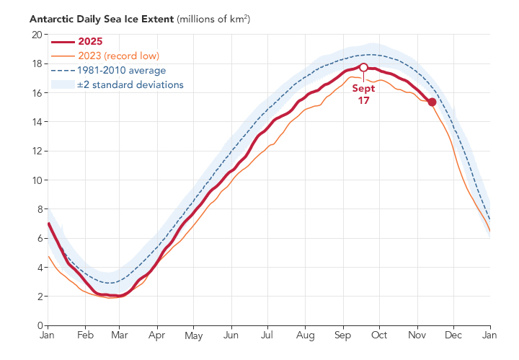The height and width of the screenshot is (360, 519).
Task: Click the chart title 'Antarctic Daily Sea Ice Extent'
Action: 102,19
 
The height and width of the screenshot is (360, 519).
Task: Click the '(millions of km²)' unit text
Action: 213,19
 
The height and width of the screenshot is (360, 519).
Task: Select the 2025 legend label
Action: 90,41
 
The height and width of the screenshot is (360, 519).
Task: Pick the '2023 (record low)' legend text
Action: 118,56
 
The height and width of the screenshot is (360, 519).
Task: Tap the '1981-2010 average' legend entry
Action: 122,70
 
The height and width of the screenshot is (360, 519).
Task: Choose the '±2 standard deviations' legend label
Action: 130,85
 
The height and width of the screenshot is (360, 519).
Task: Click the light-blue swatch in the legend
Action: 63,84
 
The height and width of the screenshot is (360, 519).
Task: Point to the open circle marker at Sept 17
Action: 363,68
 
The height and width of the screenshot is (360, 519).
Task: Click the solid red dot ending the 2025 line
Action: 432,102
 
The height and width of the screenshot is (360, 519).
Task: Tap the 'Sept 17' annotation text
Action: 363,95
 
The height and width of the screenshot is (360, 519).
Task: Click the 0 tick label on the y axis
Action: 40,325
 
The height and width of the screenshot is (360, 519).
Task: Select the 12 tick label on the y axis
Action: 37,151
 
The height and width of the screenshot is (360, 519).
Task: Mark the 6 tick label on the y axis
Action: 40,239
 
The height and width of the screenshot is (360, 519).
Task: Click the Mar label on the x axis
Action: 120,335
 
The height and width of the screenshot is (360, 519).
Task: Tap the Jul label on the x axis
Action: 267,335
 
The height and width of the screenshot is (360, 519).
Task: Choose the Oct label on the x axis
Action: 379,335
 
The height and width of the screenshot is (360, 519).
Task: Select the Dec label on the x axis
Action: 453,335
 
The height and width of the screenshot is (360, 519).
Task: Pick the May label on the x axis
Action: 194,335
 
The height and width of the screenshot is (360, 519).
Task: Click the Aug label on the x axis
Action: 305,335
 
